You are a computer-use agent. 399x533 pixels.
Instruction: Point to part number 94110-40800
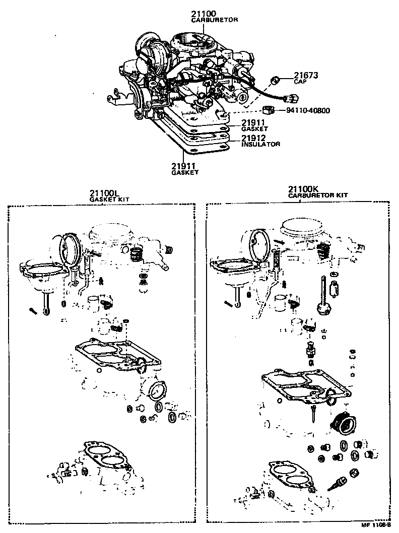click(308, 110)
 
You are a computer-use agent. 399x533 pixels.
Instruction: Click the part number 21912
click(253, 138)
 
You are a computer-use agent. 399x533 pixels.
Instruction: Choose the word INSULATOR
click(260, 144)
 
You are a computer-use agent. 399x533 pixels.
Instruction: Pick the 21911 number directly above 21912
click(253, 122)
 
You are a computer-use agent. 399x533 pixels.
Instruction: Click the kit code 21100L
click(104, 193)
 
